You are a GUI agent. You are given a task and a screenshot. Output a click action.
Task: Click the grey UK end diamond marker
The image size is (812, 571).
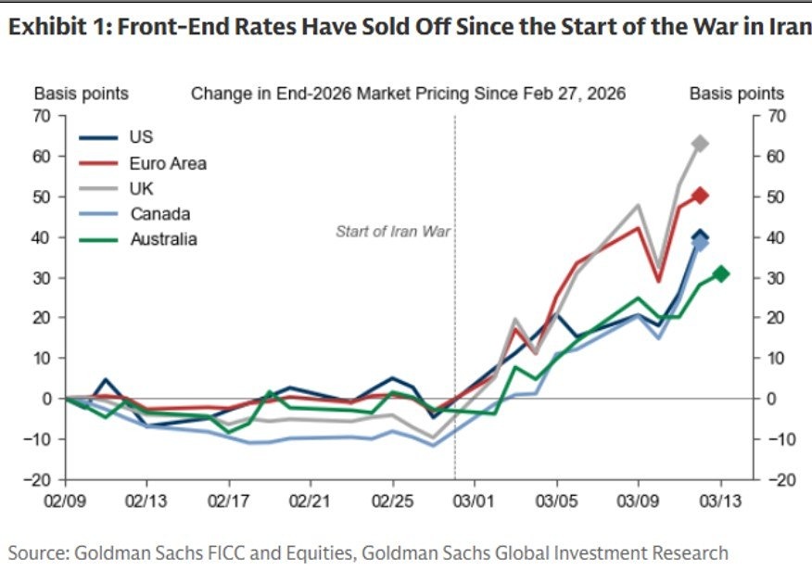point(701,144)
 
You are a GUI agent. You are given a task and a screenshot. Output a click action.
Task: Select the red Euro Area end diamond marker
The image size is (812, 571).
point(701,196)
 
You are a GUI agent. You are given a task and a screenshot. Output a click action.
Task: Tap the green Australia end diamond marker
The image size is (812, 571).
point(721,273)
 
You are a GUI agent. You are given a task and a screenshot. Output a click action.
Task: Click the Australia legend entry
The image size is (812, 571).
point(163,239)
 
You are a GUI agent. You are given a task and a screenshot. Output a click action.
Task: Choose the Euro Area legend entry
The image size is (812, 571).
point(167,163)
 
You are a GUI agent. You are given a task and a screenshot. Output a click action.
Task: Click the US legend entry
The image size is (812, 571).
point(141,138)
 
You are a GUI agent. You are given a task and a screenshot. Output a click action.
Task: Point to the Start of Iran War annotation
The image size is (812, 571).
point(392,232)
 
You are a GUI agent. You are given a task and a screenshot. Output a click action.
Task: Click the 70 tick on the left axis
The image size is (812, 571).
point(43,117)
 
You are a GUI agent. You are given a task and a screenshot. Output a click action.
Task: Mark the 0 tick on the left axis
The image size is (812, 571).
point(46,399)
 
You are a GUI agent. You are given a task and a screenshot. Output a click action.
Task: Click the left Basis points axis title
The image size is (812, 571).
point(82,94)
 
